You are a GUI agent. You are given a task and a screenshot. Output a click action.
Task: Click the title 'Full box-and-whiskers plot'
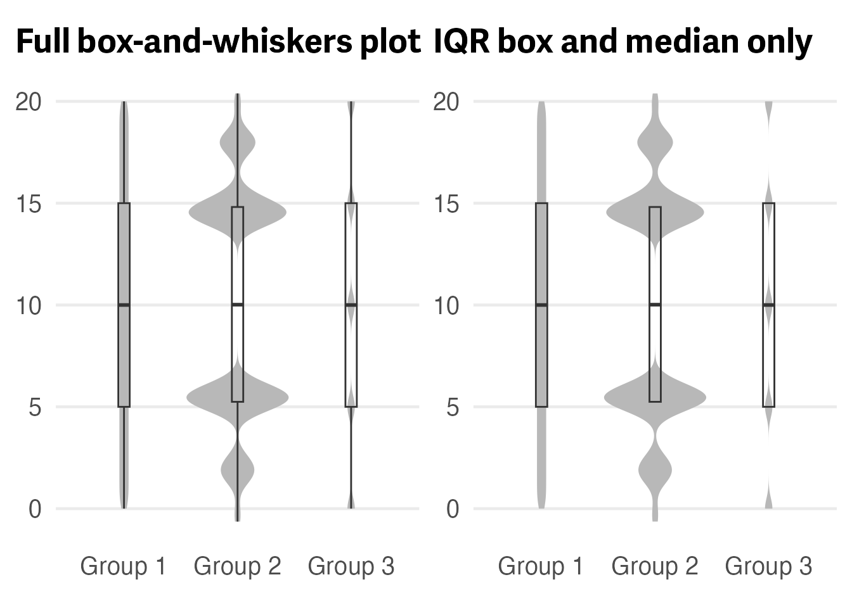coord(217,42)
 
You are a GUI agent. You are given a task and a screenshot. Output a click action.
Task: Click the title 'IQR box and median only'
coord(623,42)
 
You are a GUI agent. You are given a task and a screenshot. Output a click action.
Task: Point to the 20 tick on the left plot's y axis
coord(29,101)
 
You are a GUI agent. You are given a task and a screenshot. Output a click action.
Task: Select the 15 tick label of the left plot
coord(29,204)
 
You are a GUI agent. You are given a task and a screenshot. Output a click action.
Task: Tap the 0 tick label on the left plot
coord(35,509)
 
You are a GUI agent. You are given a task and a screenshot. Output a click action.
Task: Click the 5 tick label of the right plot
coord(452,407)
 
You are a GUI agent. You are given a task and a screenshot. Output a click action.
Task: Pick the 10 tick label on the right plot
coord(446,306)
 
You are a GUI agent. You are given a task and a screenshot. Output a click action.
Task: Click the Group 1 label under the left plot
coord(123,566)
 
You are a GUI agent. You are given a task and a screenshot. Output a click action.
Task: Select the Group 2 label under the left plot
coord(237,566)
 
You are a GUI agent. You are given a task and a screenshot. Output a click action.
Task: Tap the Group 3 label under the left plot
coord(351,566)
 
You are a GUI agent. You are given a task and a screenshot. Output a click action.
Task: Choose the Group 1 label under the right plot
coord(541,566)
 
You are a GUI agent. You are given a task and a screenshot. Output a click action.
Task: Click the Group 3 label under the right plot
coord(768,566)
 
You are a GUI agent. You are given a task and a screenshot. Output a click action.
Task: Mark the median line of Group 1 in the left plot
coord(124,305)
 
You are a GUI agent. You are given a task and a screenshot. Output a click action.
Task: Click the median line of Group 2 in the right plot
coord(655,305)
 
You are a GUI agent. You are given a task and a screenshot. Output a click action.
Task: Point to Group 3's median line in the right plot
coord(768,305)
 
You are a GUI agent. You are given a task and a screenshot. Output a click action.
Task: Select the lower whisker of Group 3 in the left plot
coord(351,456)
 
